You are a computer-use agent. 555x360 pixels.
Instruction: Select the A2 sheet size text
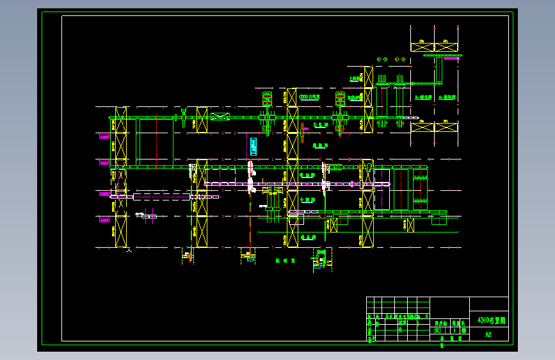point(488,334)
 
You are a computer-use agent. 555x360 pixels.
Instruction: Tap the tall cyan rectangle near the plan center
point(254,146)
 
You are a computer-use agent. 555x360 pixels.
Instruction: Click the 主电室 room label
point(310,97)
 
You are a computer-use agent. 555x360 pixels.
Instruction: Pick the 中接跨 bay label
point(307,200)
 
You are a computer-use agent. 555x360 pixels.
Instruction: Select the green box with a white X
point(220,117)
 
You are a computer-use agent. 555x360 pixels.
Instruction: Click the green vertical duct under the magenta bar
point(440,70)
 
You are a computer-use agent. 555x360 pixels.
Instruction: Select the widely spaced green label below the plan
point(284,261)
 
